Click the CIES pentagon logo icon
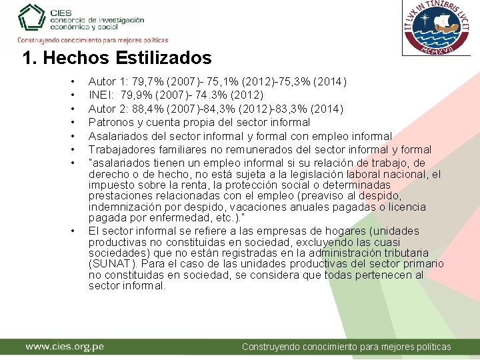tap(32, 18)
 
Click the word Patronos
tap(109, 123)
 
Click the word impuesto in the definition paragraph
tap(109, 185)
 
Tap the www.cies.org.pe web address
tap(65, 347)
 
